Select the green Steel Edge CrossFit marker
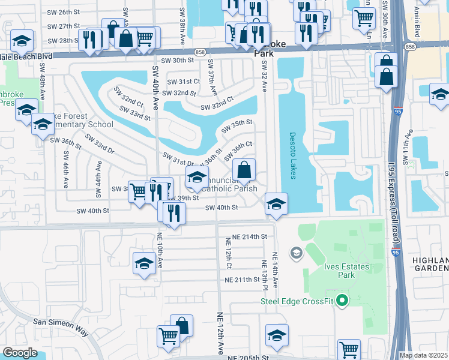pyautogui.click(x=342, y=300)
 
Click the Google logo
pyautogui.click(x=20, y=353)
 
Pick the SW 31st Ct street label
pyautogui.click(x=183, y=82)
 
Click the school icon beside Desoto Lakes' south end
pyautogui.click(x=276, y=204)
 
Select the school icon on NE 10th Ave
pyautogui.click(x=144, y=263)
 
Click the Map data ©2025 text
pyautogui.click(x=423, y=355)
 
